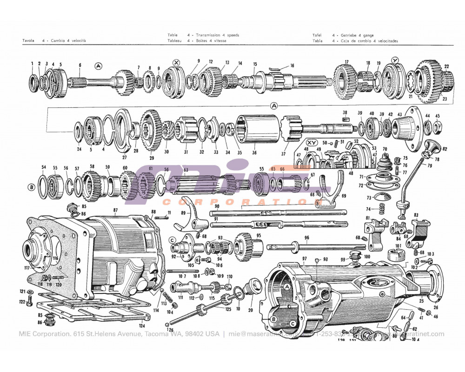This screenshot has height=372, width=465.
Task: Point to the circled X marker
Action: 176,63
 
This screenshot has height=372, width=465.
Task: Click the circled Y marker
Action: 395,60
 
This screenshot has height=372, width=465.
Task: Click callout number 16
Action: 292,66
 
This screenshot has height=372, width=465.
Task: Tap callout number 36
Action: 254,152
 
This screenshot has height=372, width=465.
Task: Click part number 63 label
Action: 186,170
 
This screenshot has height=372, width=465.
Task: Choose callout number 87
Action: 115,210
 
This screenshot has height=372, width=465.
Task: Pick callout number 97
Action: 305,259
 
